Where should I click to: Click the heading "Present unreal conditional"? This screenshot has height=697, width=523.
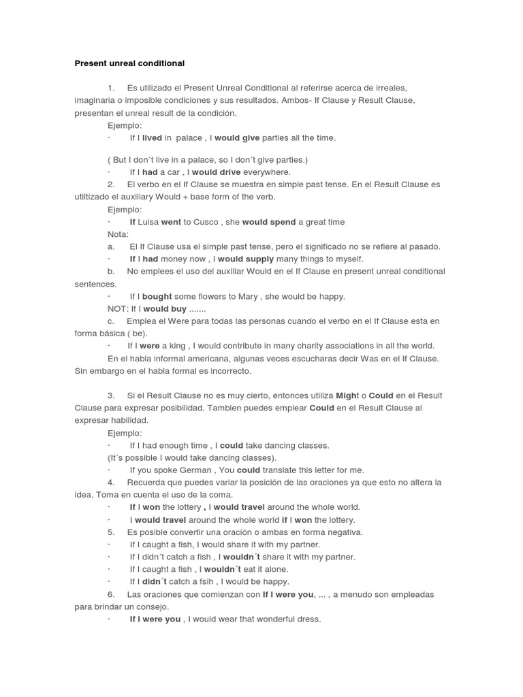click(129, 63)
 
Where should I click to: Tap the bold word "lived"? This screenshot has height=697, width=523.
click(152, 137)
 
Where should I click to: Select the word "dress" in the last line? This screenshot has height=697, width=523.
click(306, 619)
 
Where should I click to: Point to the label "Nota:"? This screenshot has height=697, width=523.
click(118, 234)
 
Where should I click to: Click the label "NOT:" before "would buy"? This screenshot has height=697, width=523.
click(118, 308)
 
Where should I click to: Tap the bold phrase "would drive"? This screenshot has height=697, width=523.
click(216, 172)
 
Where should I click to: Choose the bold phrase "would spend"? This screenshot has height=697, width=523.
click(265, 222)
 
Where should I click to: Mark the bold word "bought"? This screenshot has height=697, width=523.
click(157, 296)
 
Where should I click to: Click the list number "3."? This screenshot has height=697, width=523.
click(111, 395)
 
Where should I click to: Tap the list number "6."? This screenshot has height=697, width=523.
click(111, 594)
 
